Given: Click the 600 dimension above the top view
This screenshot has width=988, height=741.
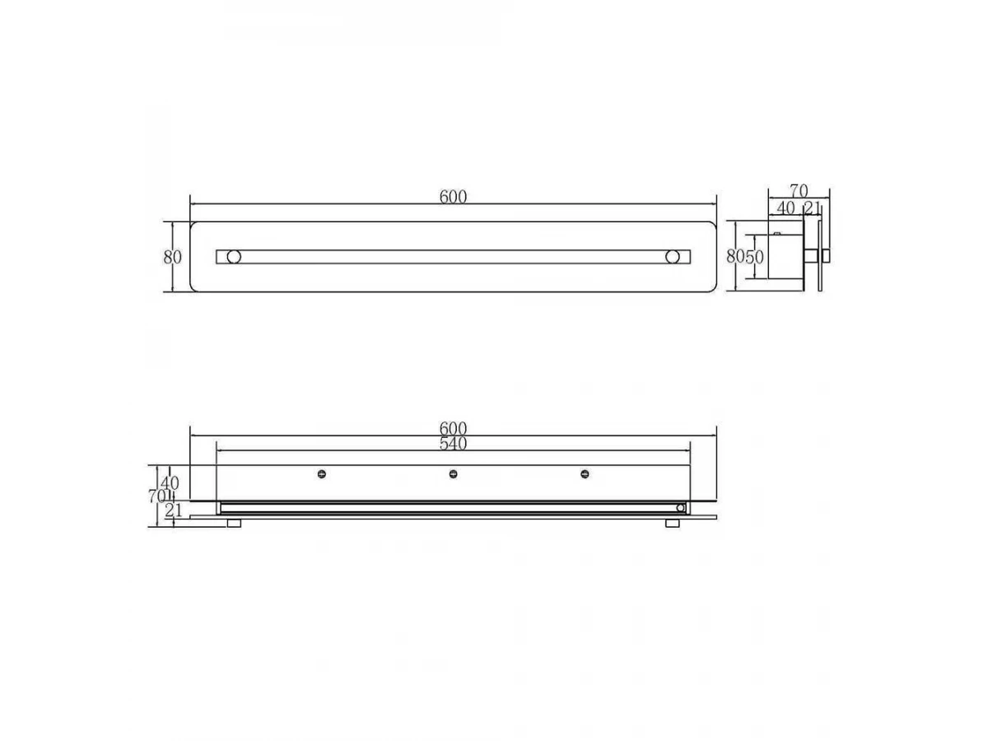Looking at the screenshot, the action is [x=453, y=197].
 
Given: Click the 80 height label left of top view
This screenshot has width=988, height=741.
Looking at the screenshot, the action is [x=172, y=258].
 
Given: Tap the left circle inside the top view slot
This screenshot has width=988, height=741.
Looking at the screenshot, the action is [x=234, y=257].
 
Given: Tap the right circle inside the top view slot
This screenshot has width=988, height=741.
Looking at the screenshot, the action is [x=673, y=257].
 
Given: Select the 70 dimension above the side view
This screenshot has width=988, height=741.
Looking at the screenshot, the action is [x=799, y=191].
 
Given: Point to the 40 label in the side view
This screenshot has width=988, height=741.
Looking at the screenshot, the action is [x=786, y=207].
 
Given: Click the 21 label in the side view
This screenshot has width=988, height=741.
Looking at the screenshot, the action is [x=812, y=207].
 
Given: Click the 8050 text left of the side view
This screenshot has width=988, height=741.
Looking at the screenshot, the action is [x=745, y=257].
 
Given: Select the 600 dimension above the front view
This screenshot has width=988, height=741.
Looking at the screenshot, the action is [x=453, y=428].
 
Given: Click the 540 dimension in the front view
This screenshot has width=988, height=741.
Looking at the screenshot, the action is [x=453, y=444].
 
